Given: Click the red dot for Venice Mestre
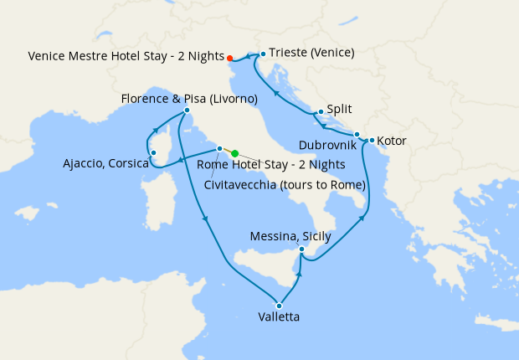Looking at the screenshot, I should [x=229, y=58].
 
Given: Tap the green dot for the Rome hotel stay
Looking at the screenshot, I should [x=235, y=153].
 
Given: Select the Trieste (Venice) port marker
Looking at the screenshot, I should [x=263, y=54].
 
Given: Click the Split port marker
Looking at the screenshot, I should [x=320, y=111].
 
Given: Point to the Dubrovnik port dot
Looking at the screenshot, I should [x=357, y=135].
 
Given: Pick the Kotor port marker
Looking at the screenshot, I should [x=371, y=139].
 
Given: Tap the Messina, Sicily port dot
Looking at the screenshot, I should [x=303, y=249].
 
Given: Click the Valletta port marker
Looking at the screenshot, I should [x=279, y=306].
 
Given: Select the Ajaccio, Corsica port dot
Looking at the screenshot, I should [x=153, y=152].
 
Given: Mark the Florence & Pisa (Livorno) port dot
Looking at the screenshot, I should [x=187, y=111].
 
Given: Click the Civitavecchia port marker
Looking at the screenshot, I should [x=219, y=149].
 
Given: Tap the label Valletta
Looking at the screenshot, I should [x=279, y=317].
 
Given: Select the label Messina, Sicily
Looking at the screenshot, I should [x=290, y=237].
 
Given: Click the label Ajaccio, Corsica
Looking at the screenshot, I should [x=105, y=163].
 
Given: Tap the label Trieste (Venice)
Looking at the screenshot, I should [x=312, y=53].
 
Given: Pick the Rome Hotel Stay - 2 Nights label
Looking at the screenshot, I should [x=259, y=165].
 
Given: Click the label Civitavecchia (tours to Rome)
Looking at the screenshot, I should [x=285, y=184].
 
